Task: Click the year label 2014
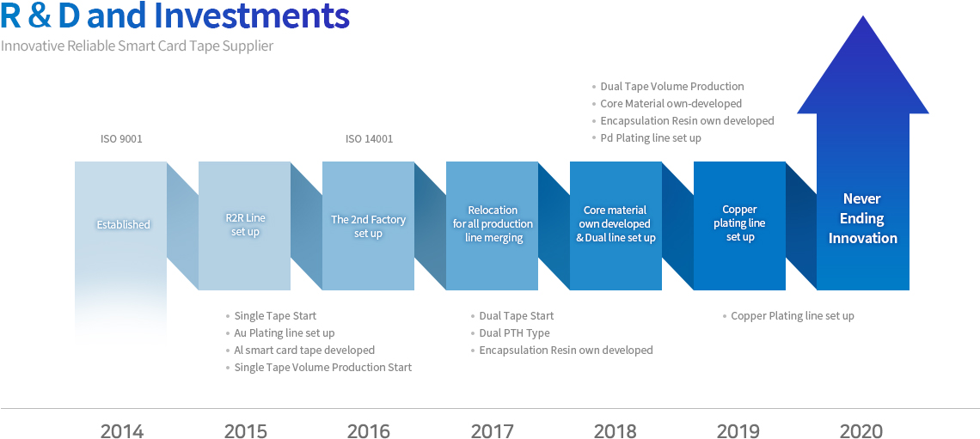coord(122,431)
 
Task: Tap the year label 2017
coord(492,431)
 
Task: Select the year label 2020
coord(861,431)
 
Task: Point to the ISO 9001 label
coord(121,138)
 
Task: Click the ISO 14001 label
coord(370,138)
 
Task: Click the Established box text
coord(123,225)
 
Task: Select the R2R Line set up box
coord(245,225)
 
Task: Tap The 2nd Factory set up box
coord(368,225)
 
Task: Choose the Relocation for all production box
coord(492,225)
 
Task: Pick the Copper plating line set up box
coord(739,225)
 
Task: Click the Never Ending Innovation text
coord(862,218)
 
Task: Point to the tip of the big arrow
coord(863,15)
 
